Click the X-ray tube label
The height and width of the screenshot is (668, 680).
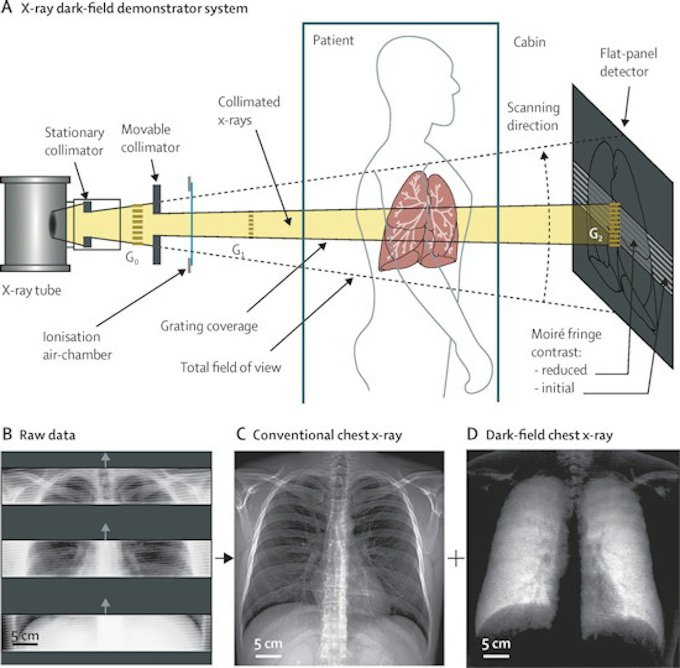pos(32,291)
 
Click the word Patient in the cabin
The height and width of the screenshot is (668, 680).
pos(333,40)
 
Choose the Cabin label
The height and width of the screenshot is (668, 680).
pos(530,41)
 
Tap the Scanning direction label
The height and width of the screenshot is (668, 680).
pos(533,116)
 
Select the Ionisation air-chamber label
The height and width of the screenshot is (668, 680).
pos(77,345)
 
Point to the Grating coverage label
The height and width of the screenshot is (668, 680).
pos(209,326)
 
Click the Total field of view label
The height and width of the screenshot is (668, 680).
pos(231,367)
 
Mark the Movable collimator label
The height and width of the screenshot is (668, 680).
pos(150,138)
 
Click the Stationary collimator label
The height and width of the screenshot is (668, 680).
pos(74,141)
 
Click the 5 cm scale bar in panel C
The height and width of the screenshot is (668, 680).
pos(267,649)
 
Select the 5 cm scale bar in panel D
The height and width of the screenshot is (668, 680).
pos(496,649)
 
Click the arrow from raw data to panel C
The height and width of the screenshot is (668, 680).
pos(224,559)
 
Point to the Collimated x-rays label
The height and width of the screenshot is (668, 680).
pos(249,111)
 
